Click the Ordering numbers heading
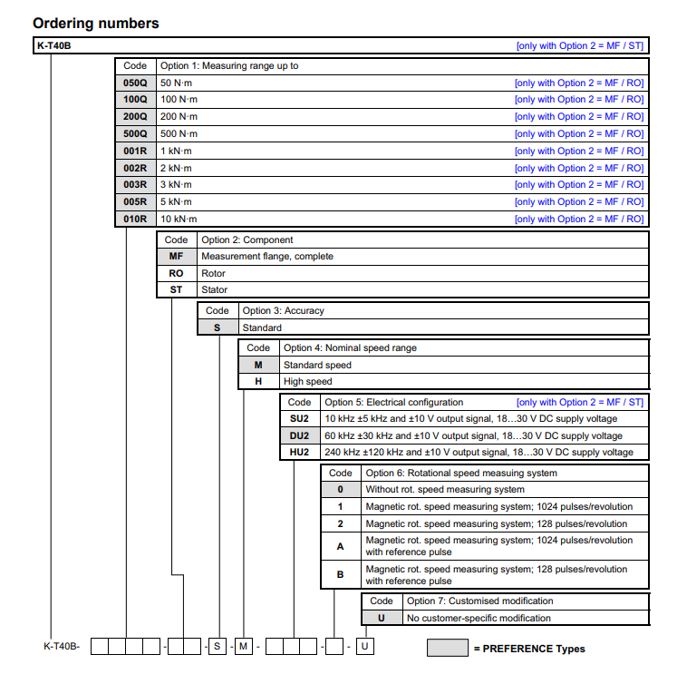[95, 24]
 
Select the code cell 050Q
[135, 83]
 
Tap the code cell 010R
[135, 219]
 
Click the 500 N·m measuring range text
[179, 133]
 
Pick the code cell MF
[176, 257]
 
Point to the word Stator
[215, 290]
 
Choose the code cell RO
[176, 273]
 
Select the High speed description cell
[308, 382]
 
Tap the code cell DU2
[299, 435]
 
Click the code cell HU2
[299, 453]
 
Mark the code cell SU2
[299, 419]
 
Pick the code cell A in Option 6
[341, 546]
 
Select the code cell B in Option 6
[341, 574]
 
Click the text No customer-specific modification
[479, 618]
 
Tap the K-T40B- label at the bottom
[62, 647]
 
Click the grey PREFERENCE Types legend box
[446, 649]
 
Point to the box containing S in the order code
[218, 647]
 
